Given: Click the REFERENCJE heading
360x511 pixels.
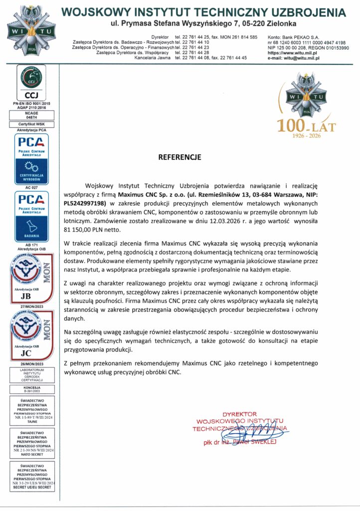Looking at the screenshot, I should [180, 157].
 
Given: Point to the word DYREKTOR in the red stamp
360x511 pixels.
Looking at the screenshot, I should [239, 414].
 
